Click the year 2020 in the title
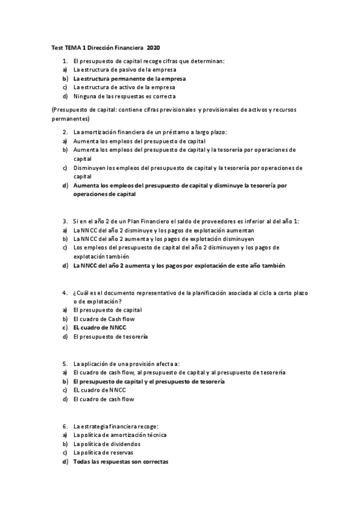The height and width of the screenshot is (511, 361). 154,47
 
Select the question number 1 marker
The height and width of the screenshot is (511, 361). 64,61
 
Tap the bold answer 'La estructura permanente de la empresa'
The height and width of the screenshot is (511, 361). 130,78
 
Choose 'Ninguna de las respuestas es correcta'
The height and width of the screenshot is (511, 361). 124,96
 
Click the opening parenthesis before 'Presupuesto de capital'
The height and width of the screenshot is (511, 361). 52,110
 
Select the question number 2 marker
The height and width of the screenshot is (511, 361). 64,132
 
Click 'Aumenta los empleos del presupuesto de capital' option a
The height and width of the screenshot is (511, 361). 139,141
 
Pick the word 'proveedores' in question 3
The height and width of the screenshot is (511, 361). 207,221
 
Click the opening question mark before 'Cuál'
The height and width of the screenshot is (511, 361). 74,292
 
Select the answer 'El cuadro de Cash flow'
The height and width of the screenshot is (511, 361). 104,319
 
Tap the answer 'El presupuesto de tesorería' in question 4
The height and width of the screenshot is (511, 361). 110,336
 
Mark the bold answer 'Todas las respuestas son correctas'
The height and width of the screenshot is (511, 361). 121,462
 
